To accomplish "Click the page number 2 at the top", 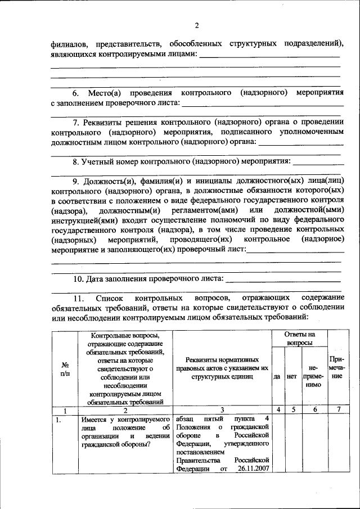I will click(x=197, y=25).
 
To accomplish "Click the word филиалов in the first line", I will click(x=67, y=44).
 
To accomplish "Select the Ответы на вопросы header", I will click(x=299, y=337).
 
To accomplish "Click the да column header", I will click(x=277, y=376).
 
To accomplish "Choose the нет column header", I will click(x=291, y=376).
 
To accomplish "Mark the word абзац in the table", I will click(x=186, y=419).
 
